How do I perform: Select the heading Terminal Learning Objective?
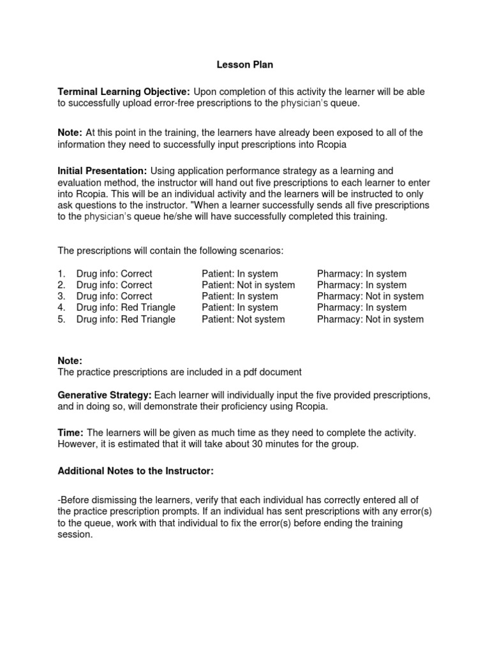point(124,92)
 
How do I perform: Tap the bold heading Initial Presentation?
point(102,171)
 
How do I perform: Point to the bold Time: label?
point(70,432)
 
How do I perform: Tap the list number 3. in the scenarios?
point(62,296)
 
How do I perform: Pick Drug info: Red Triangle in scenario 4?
point(126,307)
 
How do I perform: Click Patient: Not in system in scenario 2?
point(248,285)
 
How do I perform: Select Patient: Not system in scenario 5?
point(243,319)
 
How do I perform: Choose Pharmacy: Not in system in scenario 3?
point(370,296)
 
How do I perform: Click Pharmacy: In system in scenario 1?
point(361,274)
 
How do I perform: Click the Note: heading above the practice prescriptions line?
point(70,360)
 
